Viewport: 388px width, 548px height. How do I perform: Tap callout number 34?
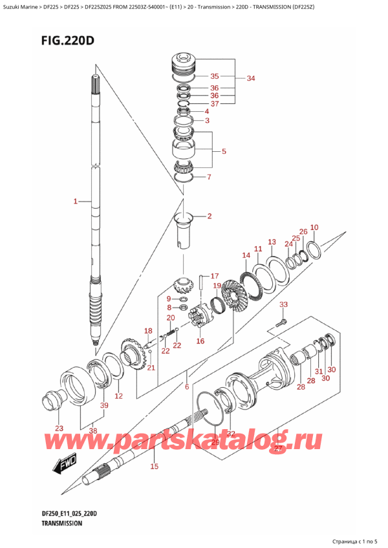(251, 79)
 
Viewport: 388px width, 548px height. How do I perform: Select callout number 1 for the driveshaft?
(76, 202)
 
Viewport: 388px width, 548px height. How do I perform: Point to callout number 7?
(208, 177)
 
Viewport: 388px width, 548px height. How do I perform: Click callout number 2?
(209, 216)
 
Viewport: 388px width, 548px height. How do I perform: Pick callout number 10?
(314, 227)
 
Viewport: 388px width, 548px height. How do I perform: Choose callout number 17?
(215, 276)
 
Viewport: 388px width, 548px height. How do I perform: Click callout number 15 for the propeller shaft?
(154, 466)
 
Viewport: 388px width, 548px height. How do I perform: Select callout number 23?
(59, 428)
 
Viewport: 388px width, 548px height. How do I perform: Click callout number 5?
(223, 152)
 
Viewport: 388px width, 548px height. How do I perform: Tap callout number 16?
(200, 341)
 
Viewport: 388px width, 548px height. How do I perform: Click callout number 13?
(272, 241)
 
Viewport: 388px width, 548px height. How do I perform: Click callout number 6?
(187, 387)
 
